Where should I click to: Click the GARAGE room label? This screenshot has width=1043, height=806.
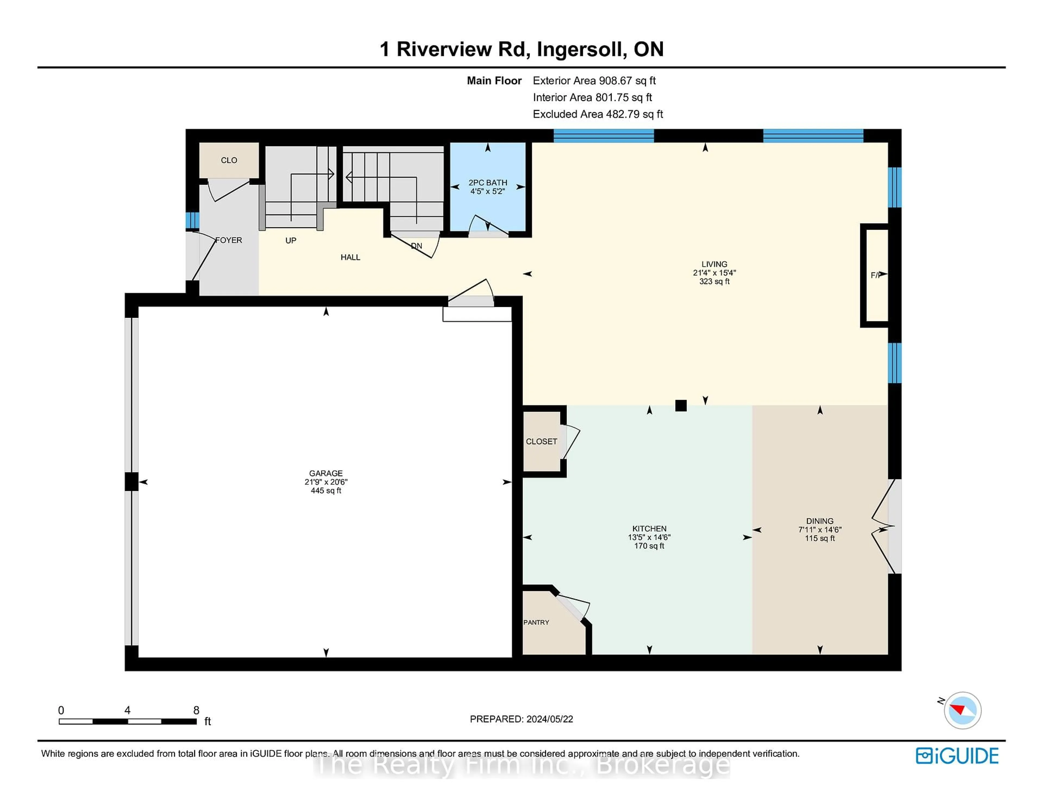(x=326, y=473)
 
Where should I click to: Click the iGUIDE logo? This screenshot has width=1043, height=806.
(x=957, y=756)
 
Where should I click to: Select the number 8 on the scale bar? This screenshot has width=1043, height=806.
(x=196, y=710)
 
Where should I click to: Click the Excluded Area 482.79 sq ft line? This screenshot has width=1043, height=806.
(x=598, y=114)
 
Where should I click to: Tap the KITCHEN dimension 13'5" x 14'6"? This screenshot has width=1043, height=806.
(x=649, y=537)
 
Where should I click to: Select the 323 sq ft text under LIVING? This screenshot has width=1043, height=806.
(x=714, y=282)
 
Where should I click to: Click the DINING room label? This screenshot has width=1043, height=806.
(x=819, y=521)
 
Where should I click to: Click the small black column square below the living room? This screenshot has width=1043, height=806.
(x=680, y=405)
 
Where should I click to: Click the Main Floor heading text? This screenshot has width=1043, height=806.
(x=494, y=81)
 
